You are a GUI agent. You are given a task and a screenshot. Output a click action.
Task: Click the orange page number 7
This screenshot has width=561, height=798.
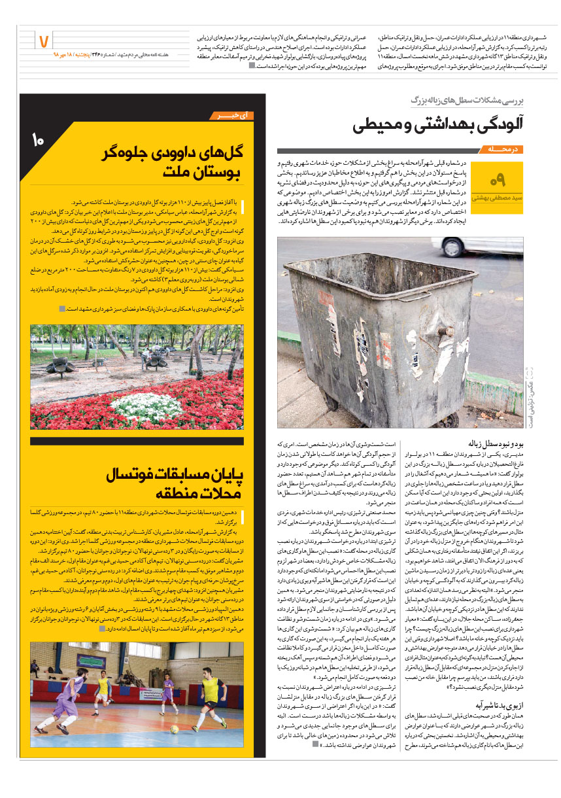(x=44, y=41)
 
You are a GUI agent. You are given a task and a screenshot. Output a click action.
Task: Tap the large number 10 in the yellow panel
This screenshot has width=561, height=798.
(x=37, y=139)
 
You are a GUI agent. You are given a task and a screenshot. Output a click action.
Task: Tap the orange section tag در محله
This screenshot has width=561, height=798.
(x=501, y=149)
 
